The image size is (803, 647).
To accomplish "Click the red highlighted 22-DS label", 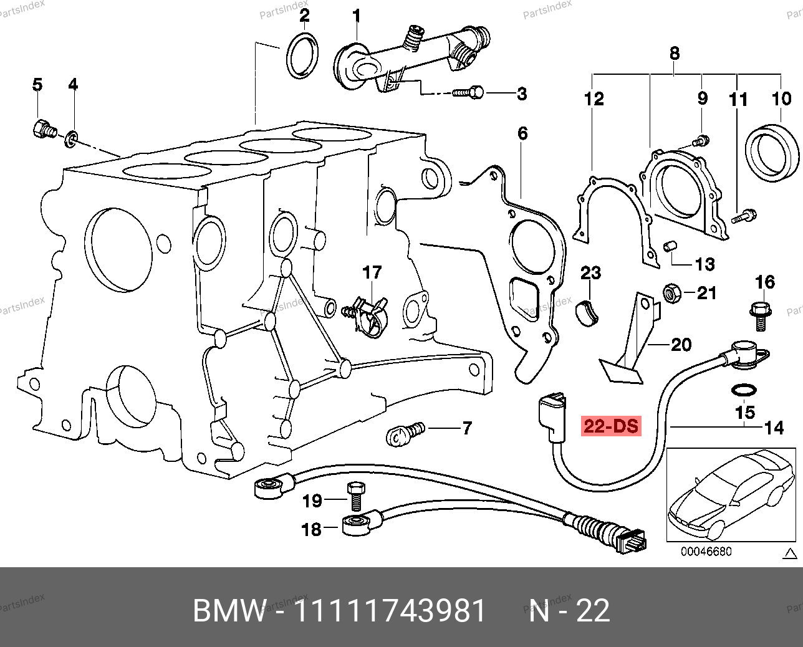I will coord(611,426).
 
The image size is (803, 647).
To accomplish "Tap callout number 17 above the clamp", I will coord(372,273).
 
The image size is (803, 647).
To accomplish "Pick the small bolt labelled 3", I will coord(468,93).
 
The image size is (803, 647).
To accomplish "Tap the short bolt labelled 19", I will coord(355,496).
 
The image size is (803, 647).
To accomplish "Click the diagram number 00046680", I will coord(706,552).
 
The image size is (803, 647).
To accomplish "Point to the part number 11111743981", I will coord(389,611).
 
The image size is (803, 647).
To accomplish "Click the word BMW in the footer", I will coord(229,611).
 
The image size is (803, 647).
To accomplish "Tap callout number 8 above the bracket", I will coord(675,54).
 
